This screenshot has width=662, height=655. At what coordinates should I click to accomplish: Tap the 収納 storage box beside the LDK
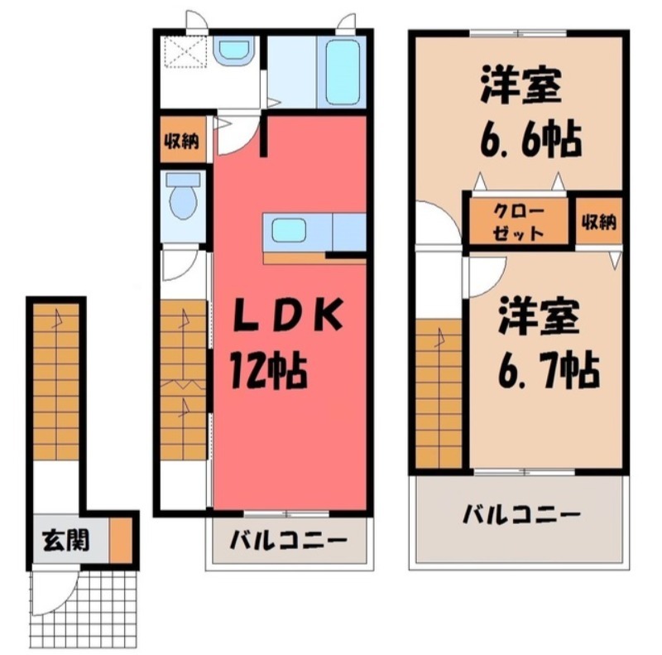coord(180,142)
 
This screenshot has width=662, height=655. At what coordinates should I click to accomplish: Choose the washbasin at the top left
coord(233,52)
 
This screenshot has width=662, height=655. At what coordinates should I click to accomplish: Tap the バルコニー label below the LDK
coord(287,542)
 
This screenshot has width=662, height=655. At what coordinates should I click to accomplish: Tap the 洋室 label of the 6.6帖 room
coord(520,88)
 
